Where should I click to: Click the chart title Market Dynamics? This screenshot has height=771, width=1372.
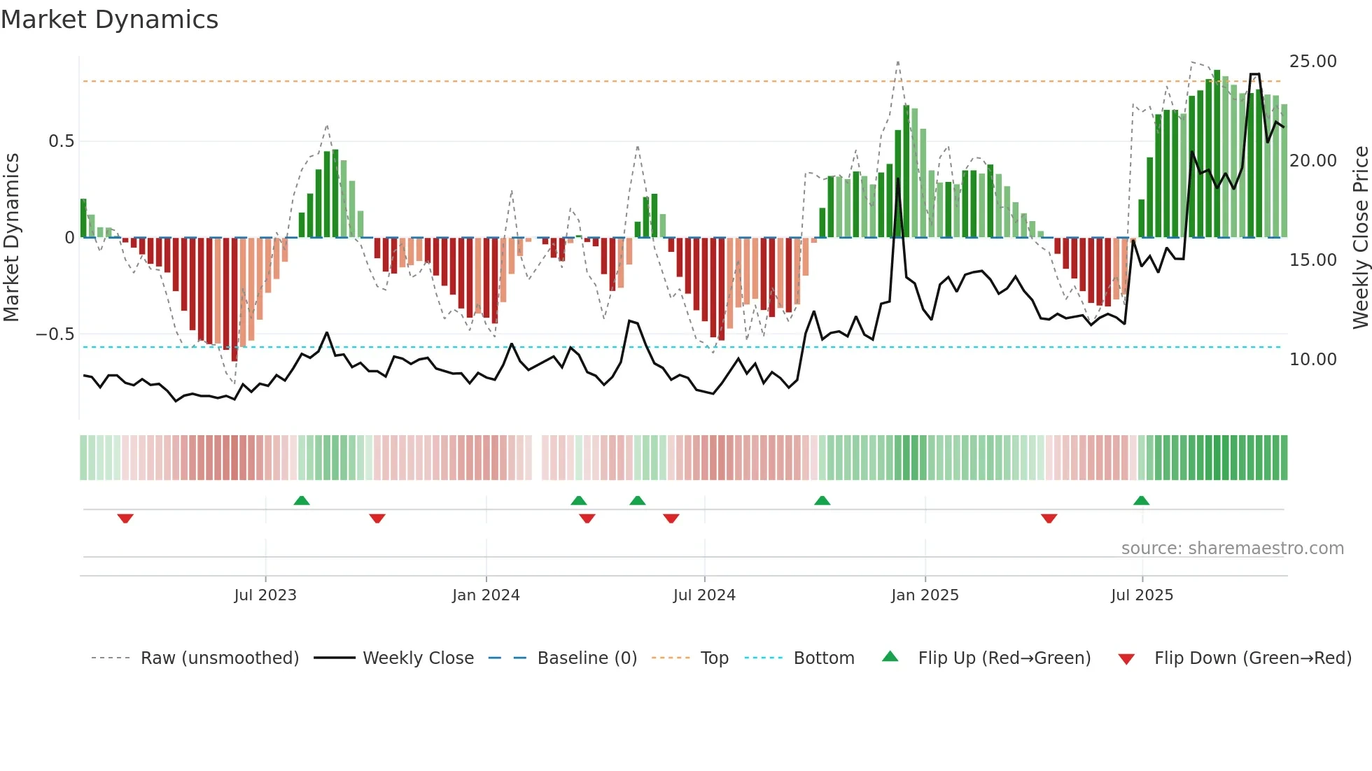coord(110,20)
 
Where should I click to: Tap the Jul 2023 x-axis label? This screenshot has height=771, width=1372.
coord(265,595)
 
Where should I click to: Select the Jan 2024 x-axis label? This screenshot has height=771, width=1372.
coord(486,595)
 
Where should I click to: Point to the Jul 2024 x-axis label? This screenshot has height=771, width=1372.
coord(704,595)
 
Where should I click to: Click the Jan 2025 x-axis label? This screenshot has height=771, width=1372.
coord(925,595)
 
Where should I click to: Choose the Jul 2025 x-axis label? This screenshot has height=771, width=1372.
coord(1142,595)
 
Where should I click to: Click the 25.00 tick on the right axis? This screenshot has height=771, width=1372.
coord(1312,62)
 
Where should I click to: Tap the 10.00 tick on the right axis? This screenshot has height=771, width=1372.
coord(1312,360)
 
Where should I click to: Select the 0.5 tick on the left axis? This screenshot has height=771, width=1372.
coord(61,141)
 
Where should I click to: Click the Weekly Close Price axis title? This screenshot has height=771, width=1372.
coord(1360,238)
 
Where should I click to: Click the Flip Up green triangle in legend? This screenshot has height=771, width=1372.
coord(890,657)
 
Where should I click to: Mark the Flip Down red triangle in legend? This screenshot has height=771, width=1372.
coord(1126,659)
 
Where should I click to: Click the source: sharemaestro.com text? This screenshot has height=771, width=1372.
coord(1232,549)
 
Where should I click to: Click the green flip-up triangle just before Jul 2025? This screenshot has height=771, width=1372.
coord(1141,501)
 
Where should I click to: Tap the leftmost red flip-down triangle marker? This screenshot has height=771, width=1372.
coord(125,518)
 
